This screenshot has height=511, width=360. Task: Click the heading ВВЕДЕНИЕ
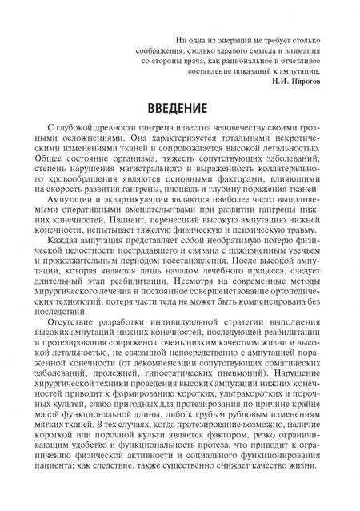pos(179,106)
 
